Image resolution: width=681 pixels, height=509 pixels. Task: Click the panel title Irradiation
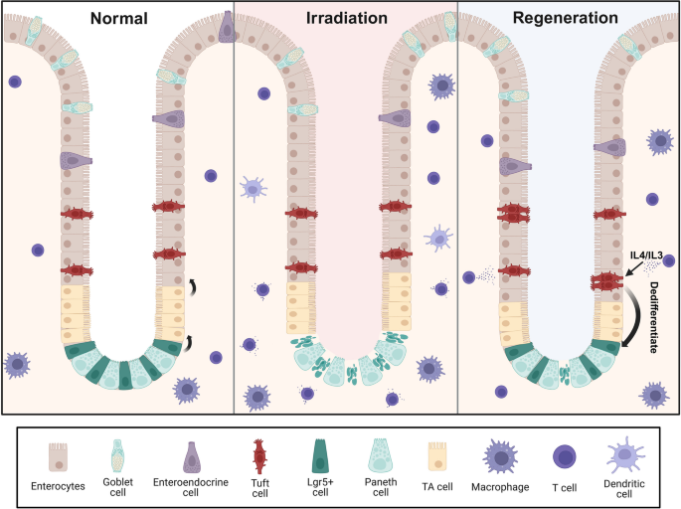345,18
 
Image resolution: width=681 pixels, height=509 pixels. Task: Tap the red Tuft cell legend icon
260,453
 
